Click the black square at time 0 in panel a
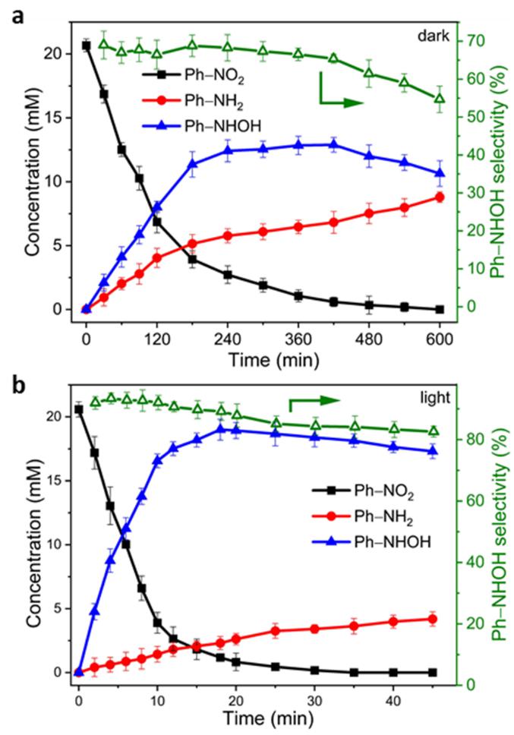pyautogui.click(x=86, y=46)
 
